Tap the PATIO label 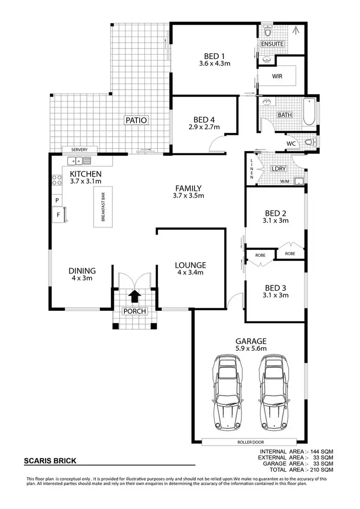(136, 120)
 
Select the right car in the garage (273, 393)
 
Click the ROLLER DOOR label (250, 442)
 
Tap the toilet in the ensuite (268, 32)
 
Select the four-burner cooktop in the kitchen (57, 180)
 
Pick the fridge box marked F (59, 214)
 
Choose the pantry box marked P (57, 200)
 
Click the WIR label (277, 76)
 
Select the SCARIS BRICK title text (50, 461)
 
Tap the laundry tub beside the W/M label (300, 181)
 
